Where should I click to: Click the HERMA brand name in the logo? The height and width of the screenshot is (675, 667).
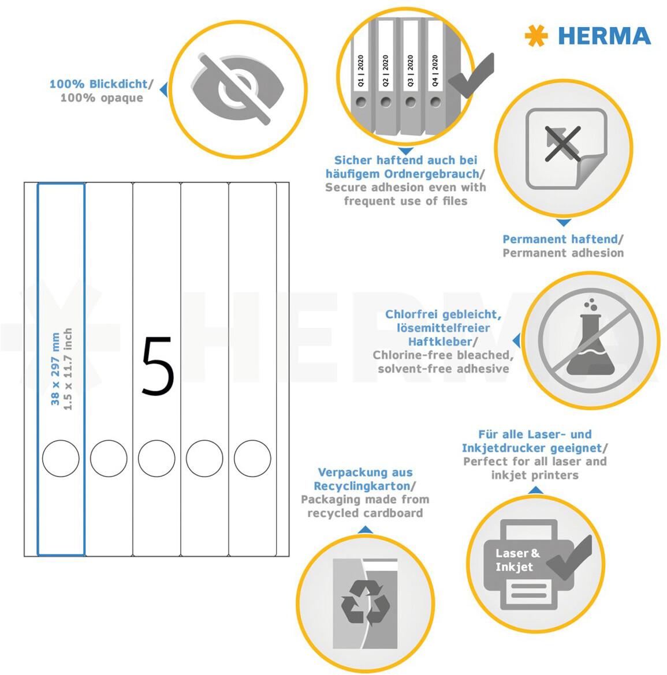(x=604, y=36)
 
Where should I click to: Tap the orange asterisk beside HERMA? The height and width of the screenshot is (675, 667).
(x=536, y=36)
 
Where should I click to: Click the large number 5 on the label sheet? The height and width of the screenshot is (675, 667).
(x=158, y=366)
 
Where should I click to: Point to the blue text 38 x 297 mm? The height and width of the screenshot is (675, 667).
(x=55, y=369)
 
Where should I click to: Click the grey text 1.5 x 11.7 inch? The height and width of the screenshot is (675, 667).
(x=68, y=369)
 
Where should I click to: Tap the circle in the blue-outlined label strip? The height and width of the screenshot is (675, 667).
(x=61, y=458)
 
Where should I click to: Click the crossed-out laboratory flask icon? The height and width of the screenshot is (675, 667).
(x=590, y=340)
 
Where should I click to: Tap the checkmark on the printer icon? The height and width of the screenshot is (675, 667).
(x=569, y=558)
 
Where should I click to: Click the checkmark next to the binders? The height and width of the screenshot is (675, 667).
(x=472, y=76)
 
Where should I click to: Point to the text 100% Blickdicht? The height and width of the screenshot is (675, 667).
(x=99, y=84)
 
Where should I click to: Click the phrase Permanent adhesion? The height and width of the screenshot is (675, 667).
(x=563, y=253)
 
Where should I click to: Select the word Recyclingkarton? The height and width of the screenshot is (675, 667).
(x=362, y=486)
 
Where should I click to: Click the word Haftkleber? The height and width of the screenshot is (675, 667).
(x=440, y=342)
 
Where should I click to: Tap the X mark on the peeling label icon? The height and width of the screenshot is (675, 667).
(x=562, y=143)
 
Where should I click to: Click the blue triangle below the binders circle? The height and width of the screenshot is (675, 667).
(x=405, y=151)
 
